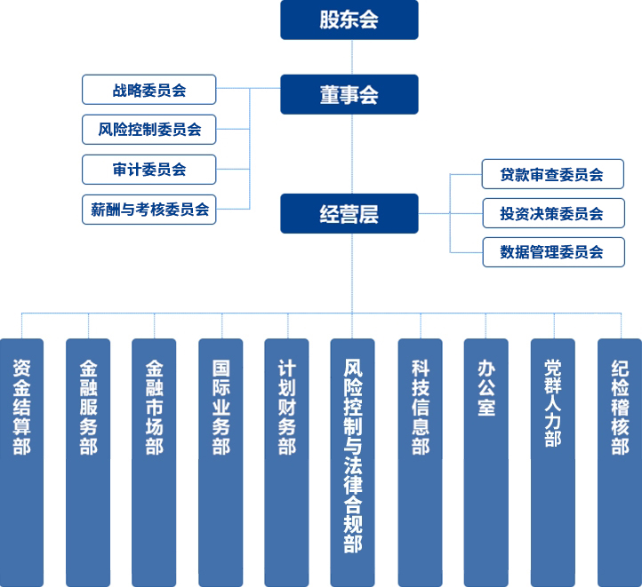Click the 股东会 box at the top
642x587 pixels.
[x=349, y=20]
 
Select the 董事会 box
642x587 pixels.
[x=349, y=93]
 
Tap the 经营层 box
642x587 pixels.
[x=349, y=213]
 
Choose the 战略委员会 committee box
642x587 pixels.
[x=148, y=90]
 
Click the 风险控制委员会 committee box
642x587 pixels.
[x=148, y=130]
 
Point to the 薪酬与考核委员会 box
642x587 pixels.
[x=148, y=210]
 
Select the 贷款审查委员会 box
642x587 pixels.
[x=552, y=174]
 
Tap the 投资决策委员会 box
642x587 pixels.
[x=552, y=213]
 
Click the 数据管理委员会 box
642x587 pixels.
[x=552, y=252]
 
